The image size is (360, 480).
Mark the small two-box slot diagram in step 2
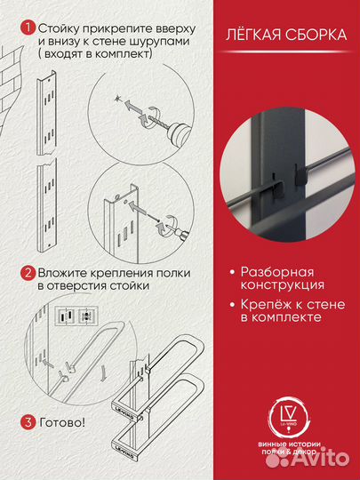74,315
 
